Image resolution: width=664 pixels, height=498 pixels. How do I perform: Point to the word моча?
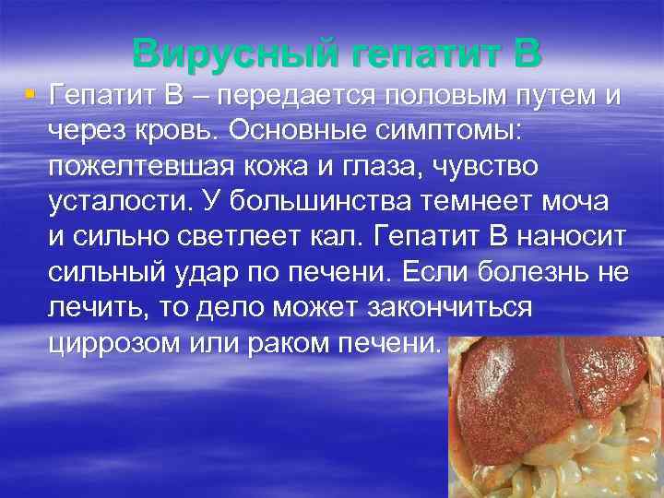[x=552, y=201]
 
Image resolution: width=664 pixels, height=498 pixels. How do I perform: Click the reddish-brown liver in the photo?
[x=544, y=387]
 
